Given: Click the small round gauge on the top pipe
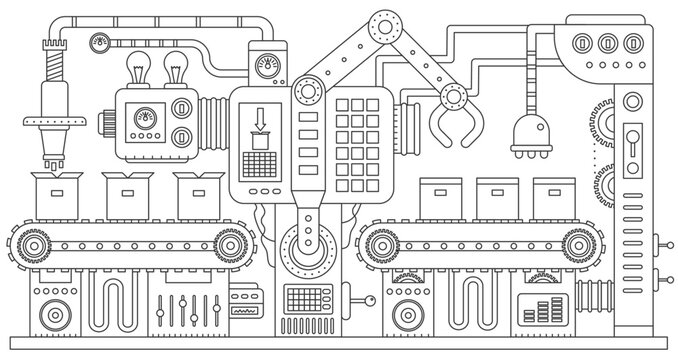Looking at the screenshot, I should tap(99, 42).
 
